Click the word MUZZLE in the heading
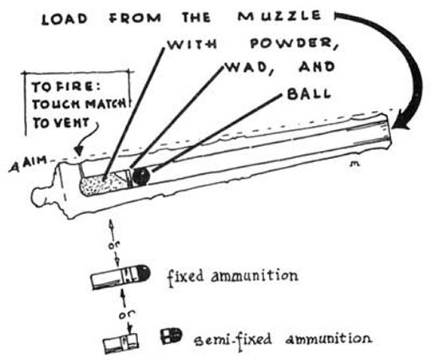(279, 16)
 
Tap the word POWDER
(293, 44)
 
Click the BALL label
(309, 94)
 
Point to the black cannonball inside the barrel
(140, 176)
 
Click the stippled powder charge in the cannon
(101, 184)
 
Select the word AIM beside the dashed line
(37, 160)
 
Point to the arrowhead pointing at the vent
(79, 150)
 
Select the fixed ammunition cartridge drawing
(121, 276)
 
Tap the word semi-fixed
(232, 339)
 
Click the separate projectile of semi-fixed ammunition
(171, 336)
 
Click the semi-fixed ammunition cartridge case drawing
(121, 343)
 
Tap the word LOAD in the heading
(65, 19)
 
